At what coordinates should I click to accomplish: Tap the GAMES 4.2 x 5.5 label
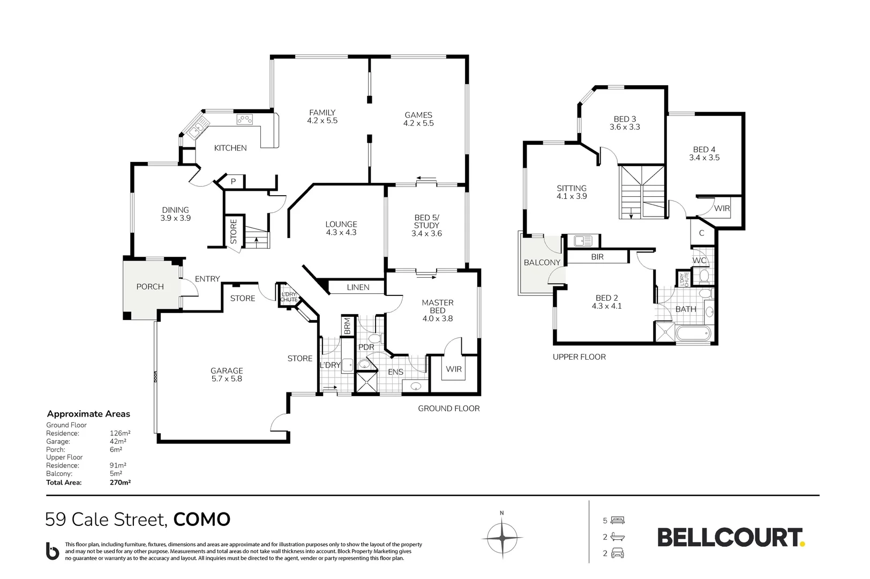point(418,119)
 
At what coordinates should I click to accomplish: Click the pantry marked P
point(233,182)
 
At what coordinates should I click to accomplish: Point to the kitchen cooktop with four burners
point(245,120)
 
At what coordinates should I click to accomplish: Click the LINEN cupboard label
point(358,287)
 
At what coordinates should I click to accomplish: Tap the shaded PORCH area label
point(150,286)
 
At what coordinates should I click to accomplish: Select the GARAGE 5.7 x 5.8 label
point(227,374)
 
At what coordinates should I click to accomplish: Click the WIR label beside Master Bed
point(454,369)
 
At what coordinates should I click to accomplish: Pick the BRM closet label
point(347,326)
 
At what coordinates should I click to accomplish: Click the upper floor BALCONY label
point(542,262)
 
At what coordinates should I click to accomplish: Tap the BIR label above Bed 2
point(597,257)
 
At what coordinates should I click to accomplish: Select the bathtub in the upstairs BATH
point(694,333)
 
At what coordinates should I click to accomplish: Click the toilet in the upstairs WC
point(704,276)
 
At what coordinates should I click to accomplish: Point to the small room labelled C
point(702,233)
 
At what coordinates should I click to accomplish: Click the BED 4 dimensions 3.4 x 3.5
point(704,158)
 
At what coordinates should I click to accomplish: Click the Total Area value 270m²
point(120,482)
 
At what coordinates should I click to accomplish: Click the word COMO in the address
point(202,519)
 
